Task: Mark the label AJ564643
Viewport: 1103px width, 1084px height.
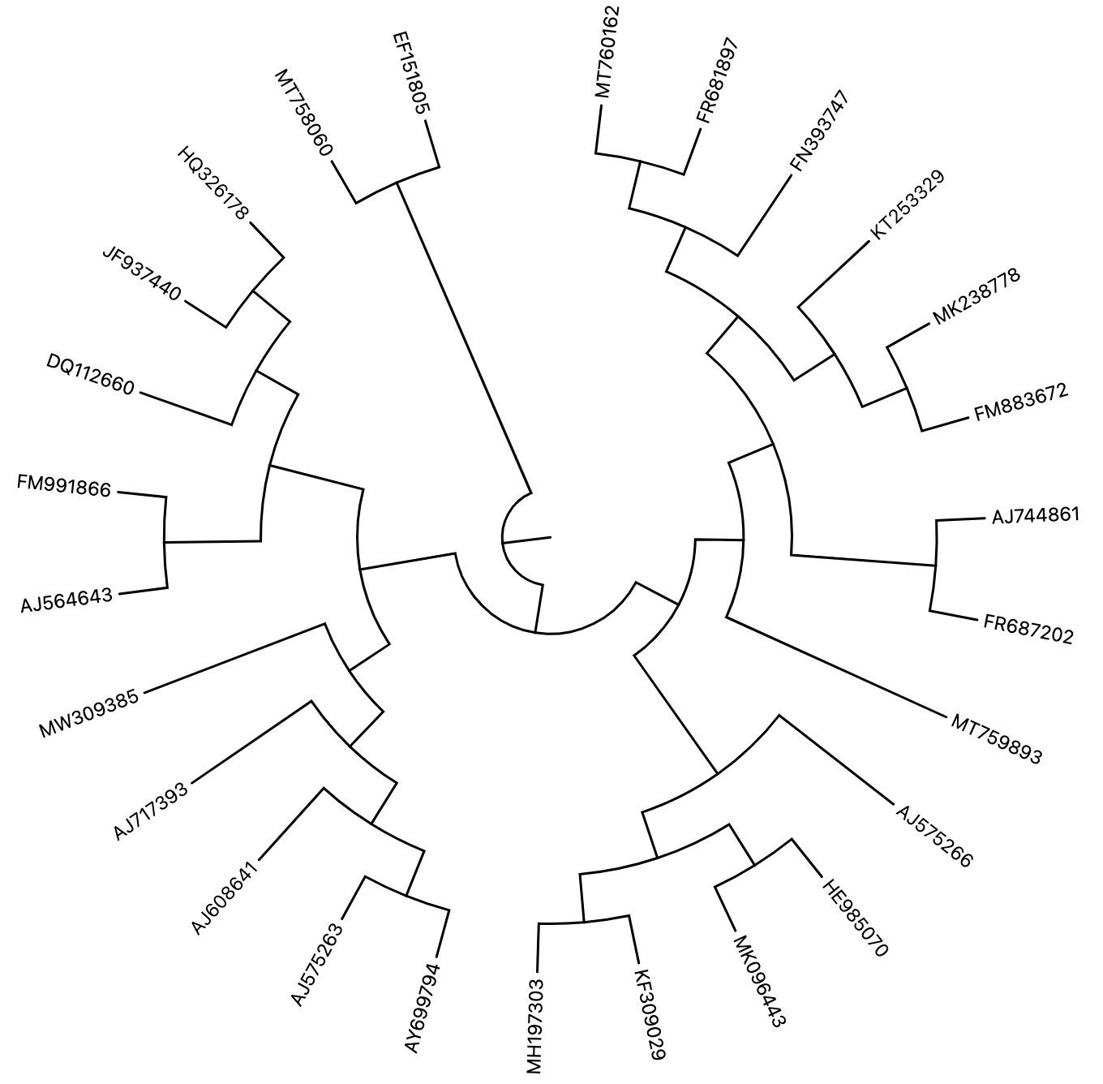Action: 67,601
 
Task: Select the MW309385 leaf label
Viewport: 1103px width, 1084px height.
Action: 89,714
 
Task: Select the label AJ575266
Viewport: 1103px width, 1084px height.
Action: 933,836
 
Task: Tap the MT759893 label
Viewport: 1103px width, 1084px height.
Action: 996,738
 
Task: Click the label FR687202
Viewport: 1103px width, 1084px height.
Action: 1028,630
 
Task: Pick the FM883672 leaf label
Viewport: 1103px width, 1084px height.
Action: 1021,403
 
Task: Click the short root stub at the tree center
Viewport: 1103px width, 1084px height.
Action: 527,539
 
